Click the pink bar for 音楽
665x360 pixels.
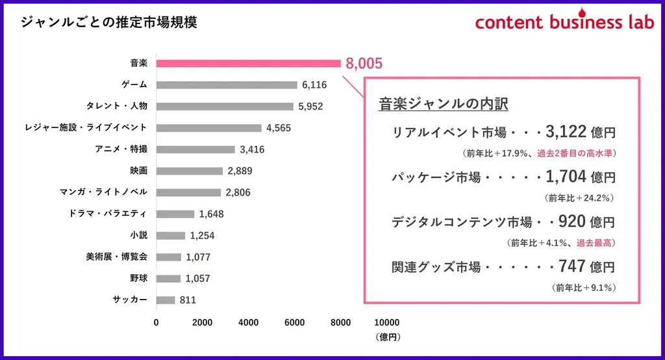pos(248,63)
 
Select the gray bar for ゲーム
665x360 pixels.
pos(227,84)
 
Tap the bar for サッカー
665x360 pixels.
pos(166,300)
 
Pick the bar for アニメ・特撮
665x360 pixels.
pos(195,149)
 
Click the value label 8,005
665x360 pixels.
pos(364,63)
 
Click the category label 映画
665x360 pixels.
pos(138,171)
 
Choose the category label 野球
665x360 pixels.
pos(138,278)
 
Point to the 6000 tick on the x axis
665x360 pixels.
pos(295,322)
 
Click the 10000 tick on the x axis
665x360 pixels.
pos(387,322)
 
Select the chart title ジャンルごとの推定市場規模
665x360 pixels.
pos(109,22)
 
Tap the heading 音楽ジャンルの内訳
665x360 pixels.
pos(443,104)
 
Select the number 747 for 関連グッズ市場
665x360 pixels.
pos(568,266)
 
